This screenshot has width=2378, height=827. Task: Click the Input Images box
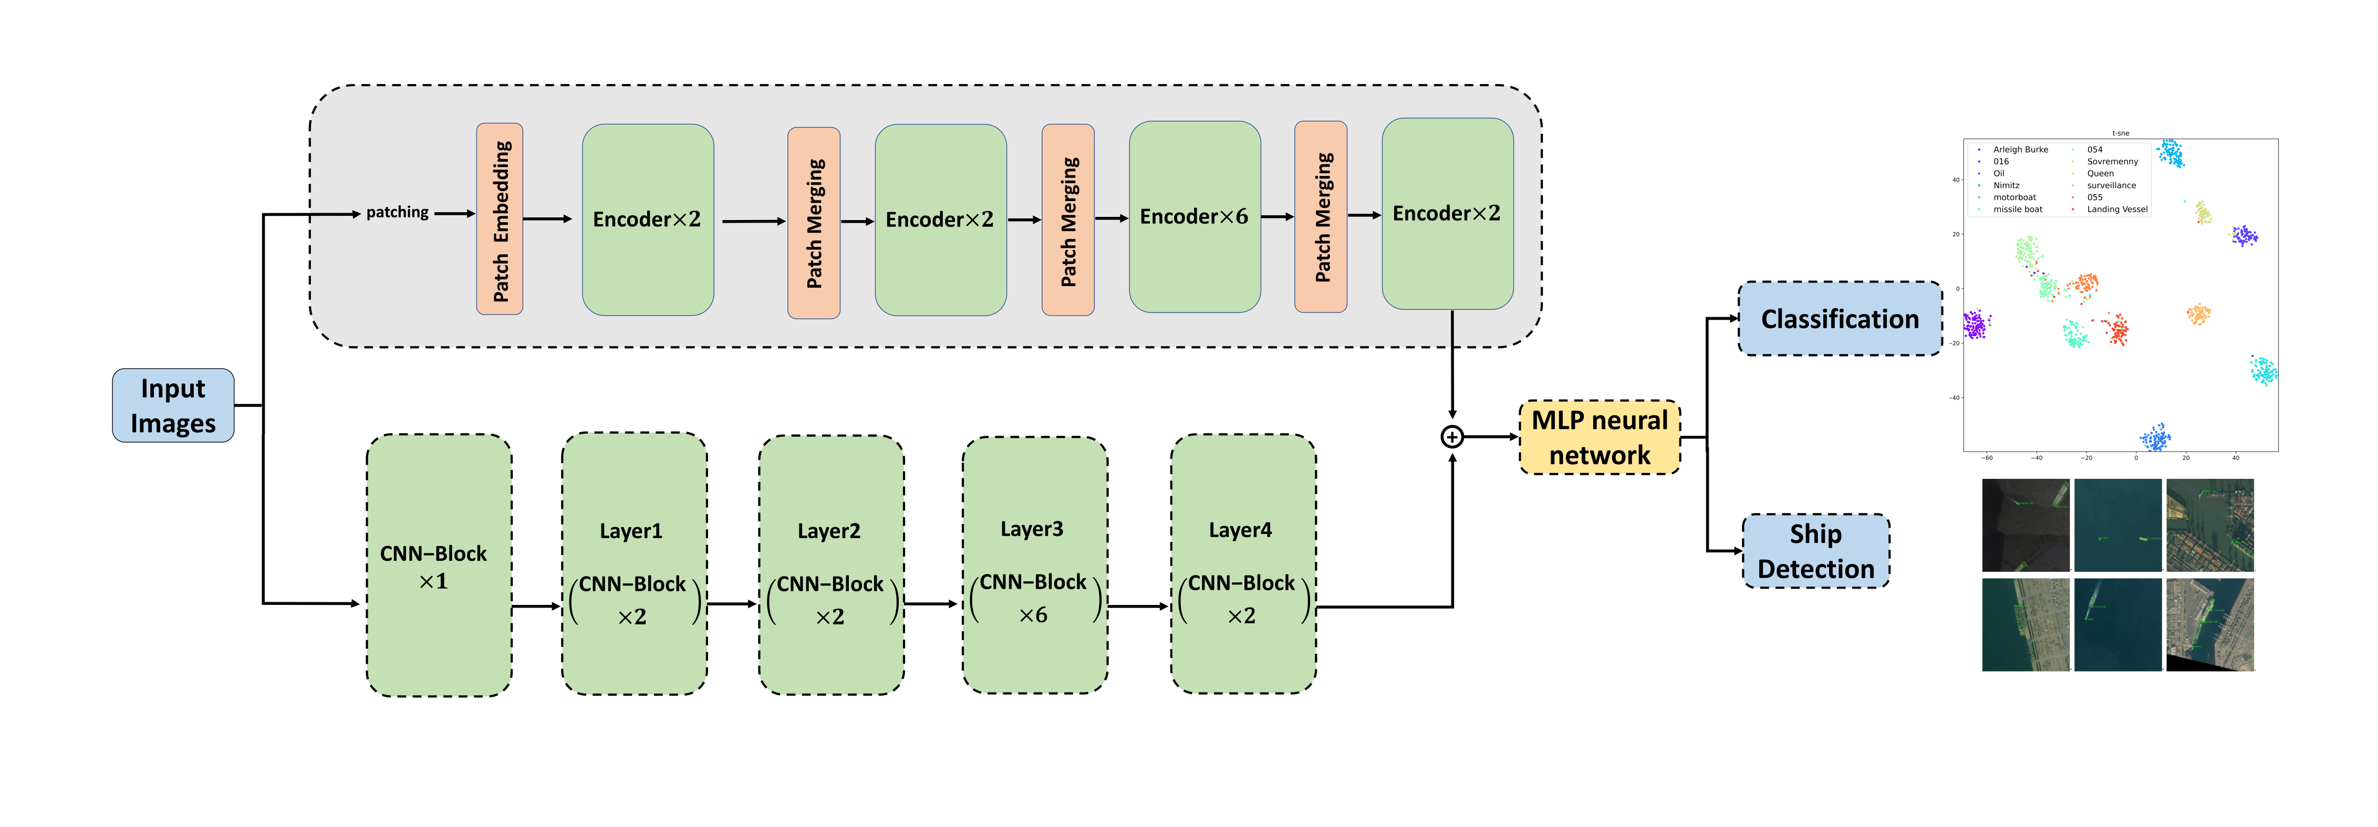click(x=173, y=405)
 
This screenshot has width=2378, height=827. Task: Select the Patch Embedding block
click(x=500, y=219)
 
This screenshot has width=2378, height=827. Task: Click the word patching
click(x=397, y=212)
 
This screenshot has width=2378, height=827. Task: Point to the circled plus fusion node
click(x=1451, y=436)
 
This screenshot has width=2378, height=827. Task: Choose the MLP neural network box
click(x=1599, y=437)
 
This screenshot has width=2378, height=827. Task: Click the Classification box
click(x=1839, y=318)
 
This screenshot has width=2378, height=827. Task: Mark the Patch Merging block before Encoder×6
click(x=1067, y=219)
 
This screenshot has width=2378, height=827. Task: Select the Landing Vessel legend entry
click(x=2117, y=210)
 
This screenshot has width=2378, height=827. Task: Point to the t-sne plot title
click(x=2121, y=133)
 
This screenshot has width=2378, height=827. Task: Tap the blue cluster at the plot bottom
click(x=2155, y=437)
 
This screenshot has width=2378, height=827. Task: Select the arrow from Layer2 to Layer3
click(x=930, y=604)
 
